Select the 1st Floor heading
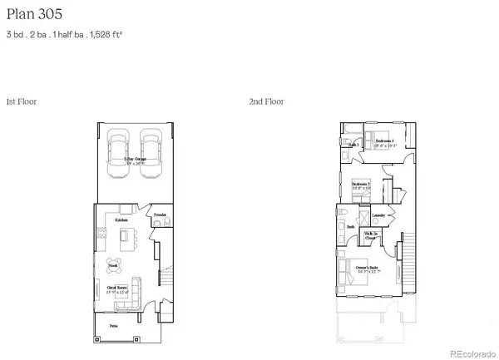tap(21, 101)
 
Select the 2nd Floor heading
tap(266, 101)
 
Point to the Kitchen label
tap(121, 219)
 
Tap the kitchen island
tap(126, 241)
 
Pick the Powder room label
tap(160, 215)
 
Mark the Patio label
tap(114, 327)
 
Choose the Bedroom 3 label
tap(384, 142)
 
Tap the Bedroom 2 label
tap(360, 185)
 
